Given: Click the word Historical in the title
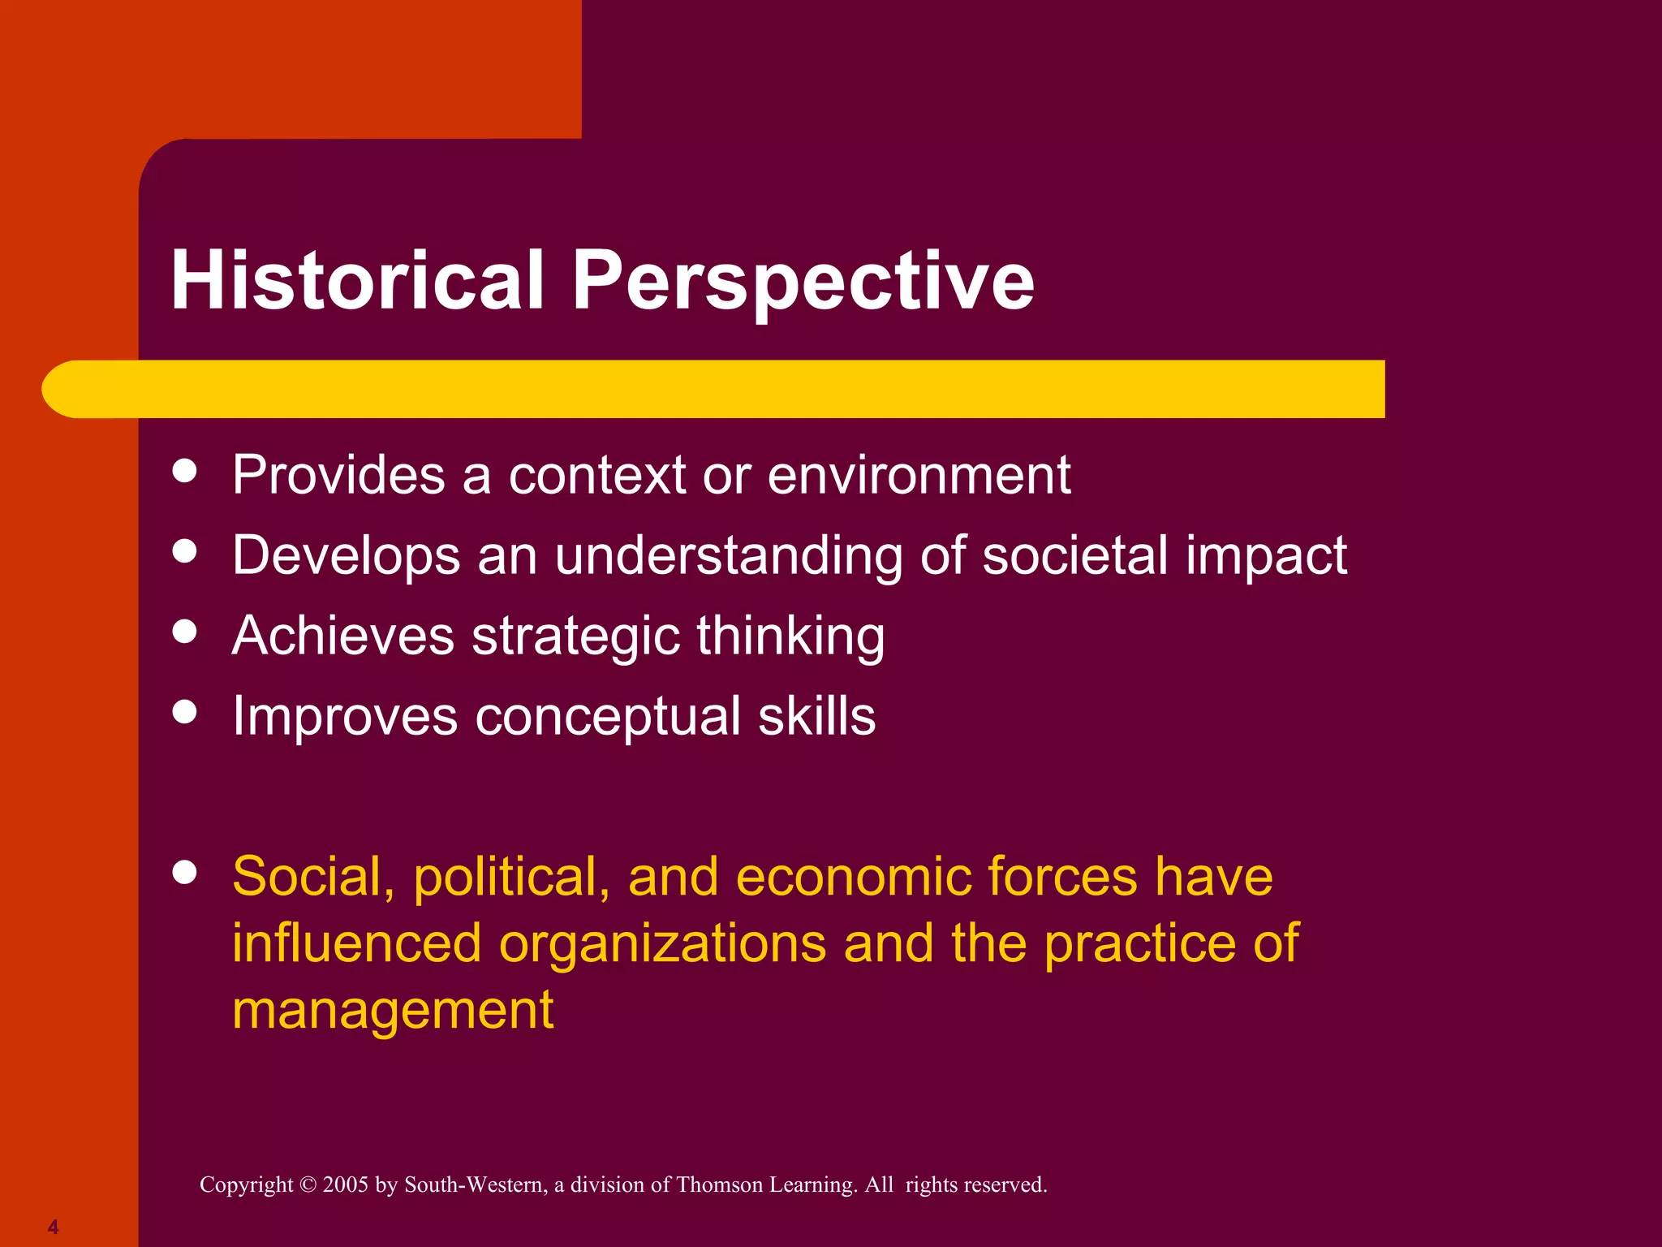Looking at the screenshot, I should tap(357, 280).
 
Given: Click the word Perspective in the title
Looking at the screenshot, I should tap(803, 280).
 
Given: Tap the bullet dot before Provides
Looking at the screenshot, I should tap(185, 471).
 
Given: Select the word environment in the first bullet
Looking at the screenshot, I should tap(919, 475).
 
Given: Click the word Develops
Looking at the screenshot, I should tap(347, 557).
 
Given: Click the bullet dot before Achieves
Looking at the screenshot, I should tap(185, 632).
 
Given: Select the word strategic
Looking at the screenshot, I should tap(575, 636).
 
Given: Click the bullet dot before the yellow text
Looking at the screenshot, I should tap(185, 873).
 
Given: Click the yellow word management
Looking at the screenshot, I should tap(393, 1011).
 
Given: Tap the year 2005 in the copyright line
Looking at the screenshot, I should tap(346, 1184).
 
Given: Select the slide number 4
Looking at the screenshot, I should tap(53, 1227).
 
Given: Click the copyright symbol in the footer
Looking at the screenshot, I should tap(308, 1184).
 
